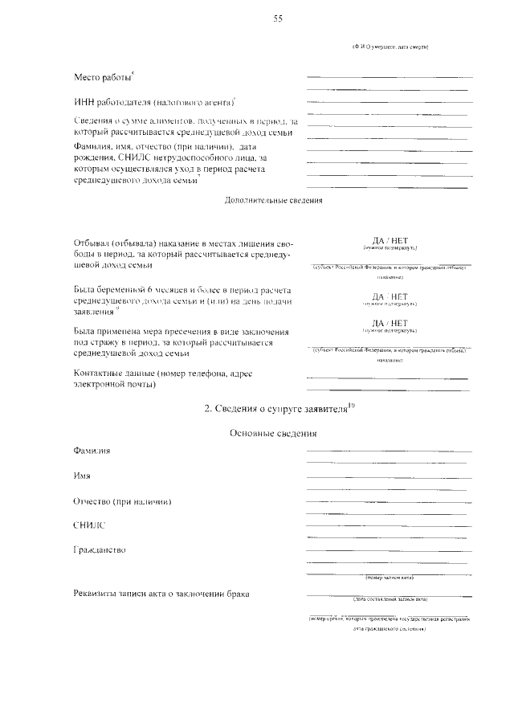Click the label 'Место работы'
point(102,78)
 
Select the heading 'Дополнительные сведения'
point(273,201)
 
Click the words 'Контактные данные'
point(112,374)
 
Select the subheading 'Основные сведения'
point(273,435)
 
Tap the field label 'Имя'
point(81,476)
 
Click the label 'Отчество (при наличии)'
point(123,501)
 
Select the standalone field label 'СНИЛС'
point(89,525)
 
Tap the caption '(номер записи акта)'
point(390,577)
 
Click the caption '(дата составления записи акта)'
point(390,598)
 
